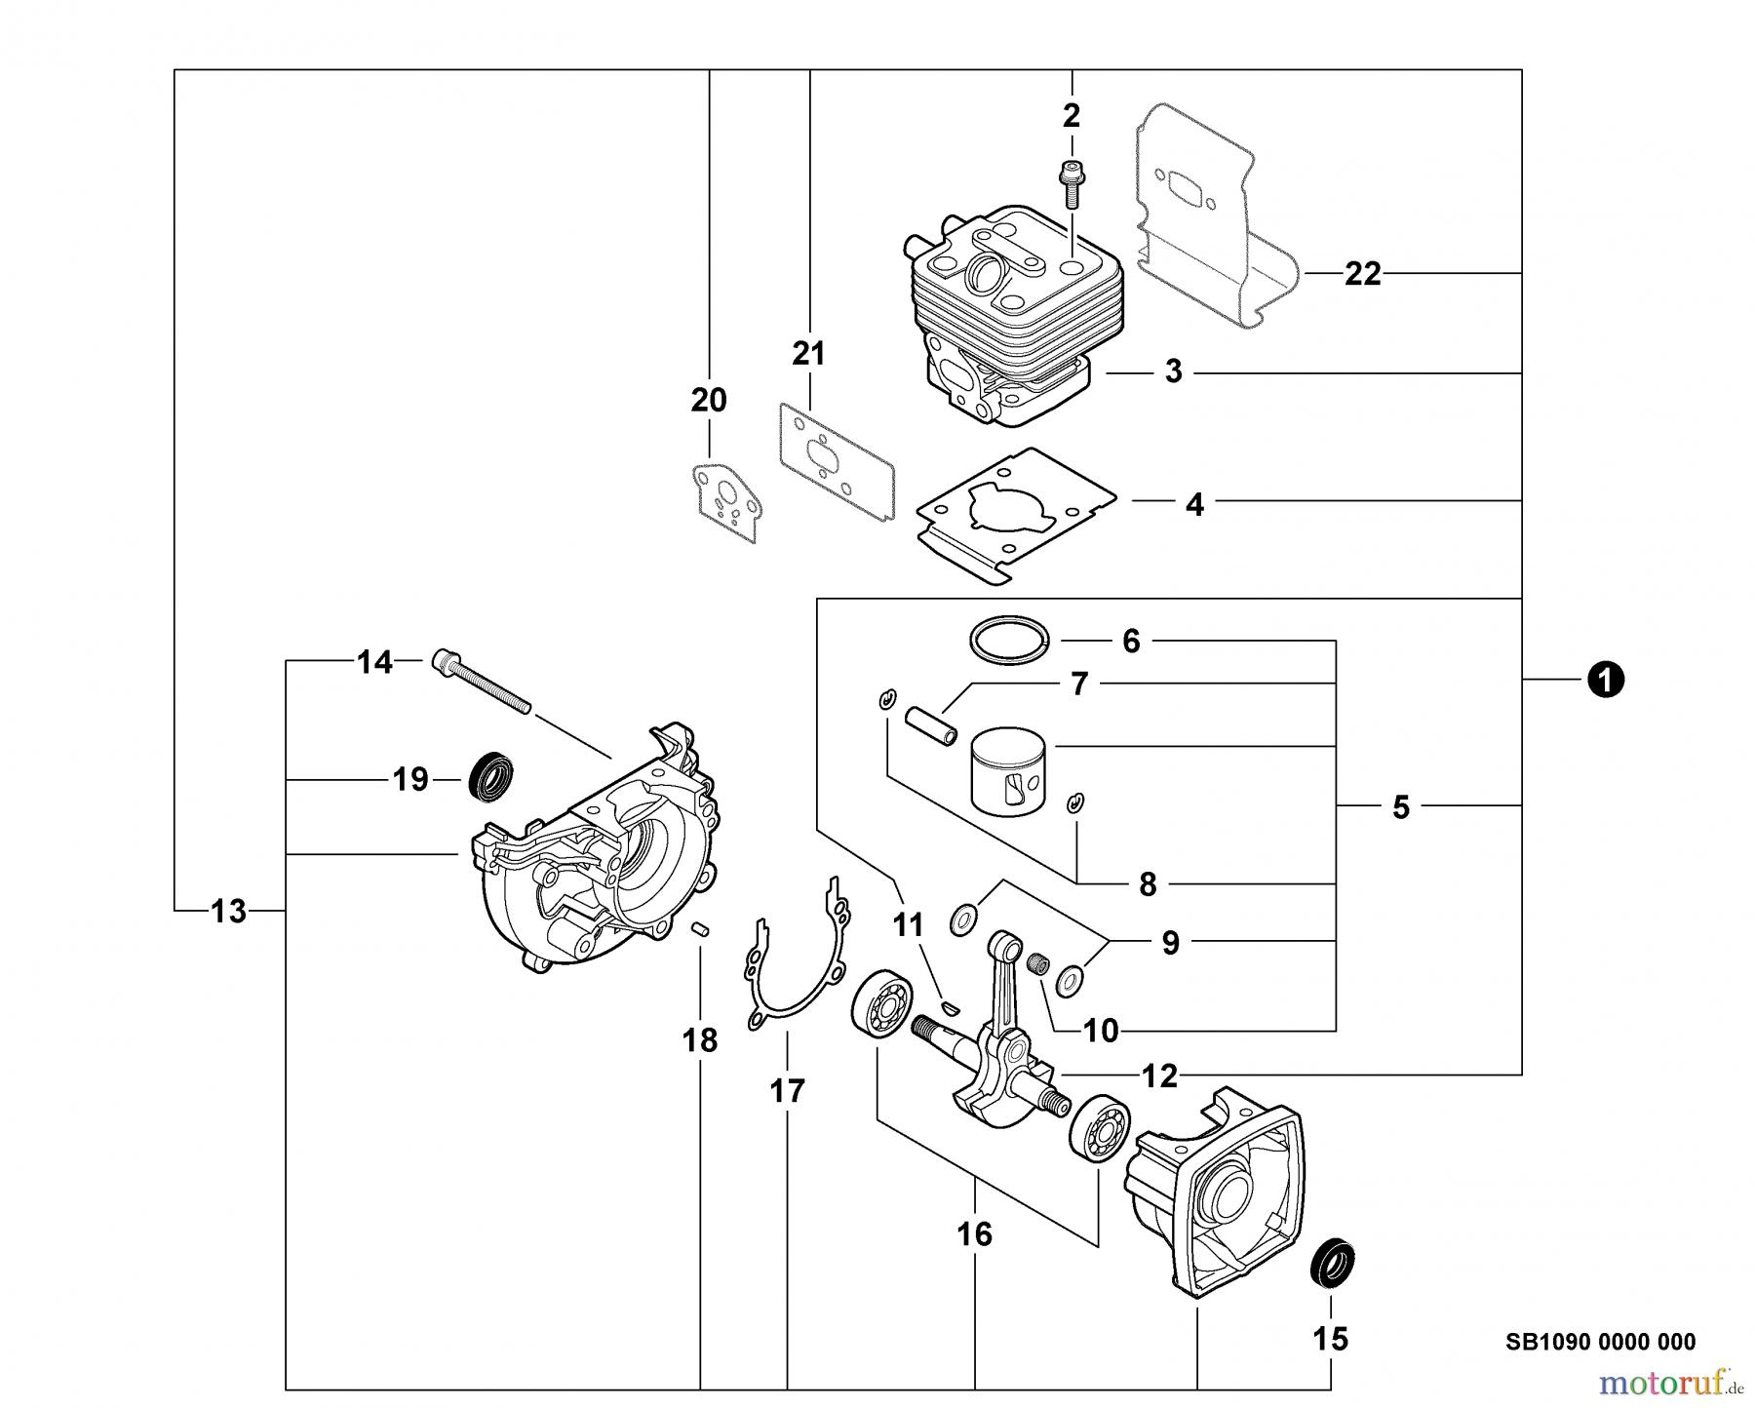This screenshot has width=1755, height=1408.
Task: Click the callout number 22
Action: (x=1362, y=275)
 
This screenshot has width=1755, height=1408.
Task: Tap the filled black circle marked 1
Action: (x=1604, y=679)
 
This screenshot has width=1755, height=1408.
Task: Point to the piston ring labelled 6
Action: (x=1009, y=641)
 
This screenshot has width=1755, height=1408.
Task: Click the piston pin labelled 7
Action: (x=931, y=727)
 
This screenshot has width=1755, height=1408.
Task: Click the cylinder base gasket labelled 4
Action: (x=1014, y=514)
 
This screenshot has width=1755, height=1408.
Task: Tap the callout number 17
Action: (x=787, y=1090)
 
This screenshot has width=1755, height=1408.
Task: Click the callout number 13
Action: (x=229, y=912)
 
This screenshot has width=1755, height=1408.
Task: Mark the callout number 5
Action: (x=1400, y=807)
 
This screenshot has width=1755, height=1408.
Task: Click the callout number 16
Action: (x=974, y=1234)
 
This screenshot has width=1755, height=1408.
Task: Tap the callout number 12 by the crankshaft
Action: (x=1158, y=1076)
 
